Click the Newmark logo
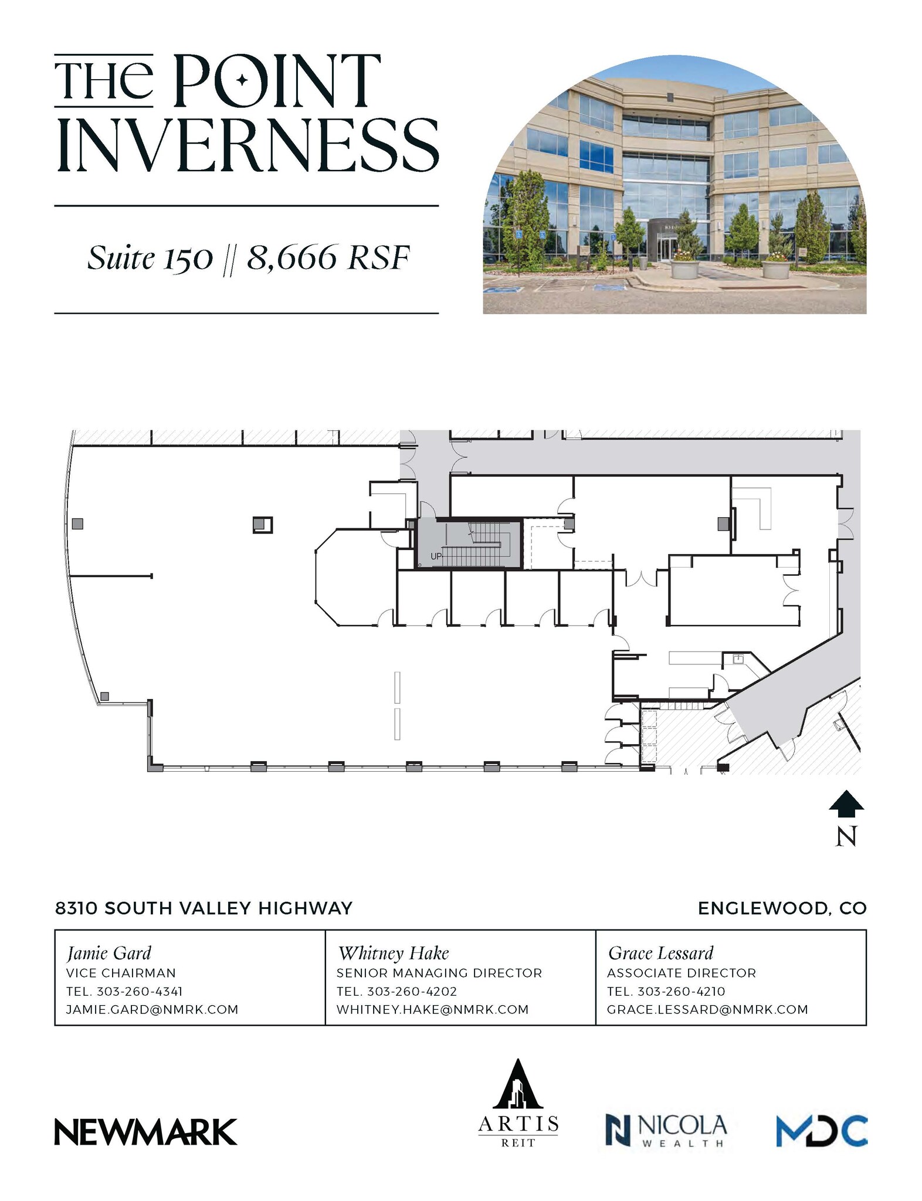[x=145, y=1131]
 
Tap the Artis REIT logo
[x=518, y=1102]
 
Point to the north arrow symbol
[x=846, y=804]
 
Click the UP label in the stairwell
[x=436, y=556]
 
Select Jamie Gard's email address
[x=152, y=1009]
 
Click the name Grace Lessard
[x=660, y=952]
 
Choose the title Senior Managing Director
[x=439, y=973]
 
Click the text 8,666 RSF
[x=327, y=258]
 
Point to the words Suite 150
[x=150, y=258]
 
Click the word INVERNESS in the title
[x=247, y=145]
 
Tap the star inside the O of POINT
[x=242, y=81]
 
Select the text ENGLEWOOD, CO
[x=782, y=908]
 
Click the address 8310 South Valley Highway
[x=204, y=908]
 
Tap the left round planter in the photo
[x=685, y=269]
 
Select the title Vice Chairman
[x=121, y=973]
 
